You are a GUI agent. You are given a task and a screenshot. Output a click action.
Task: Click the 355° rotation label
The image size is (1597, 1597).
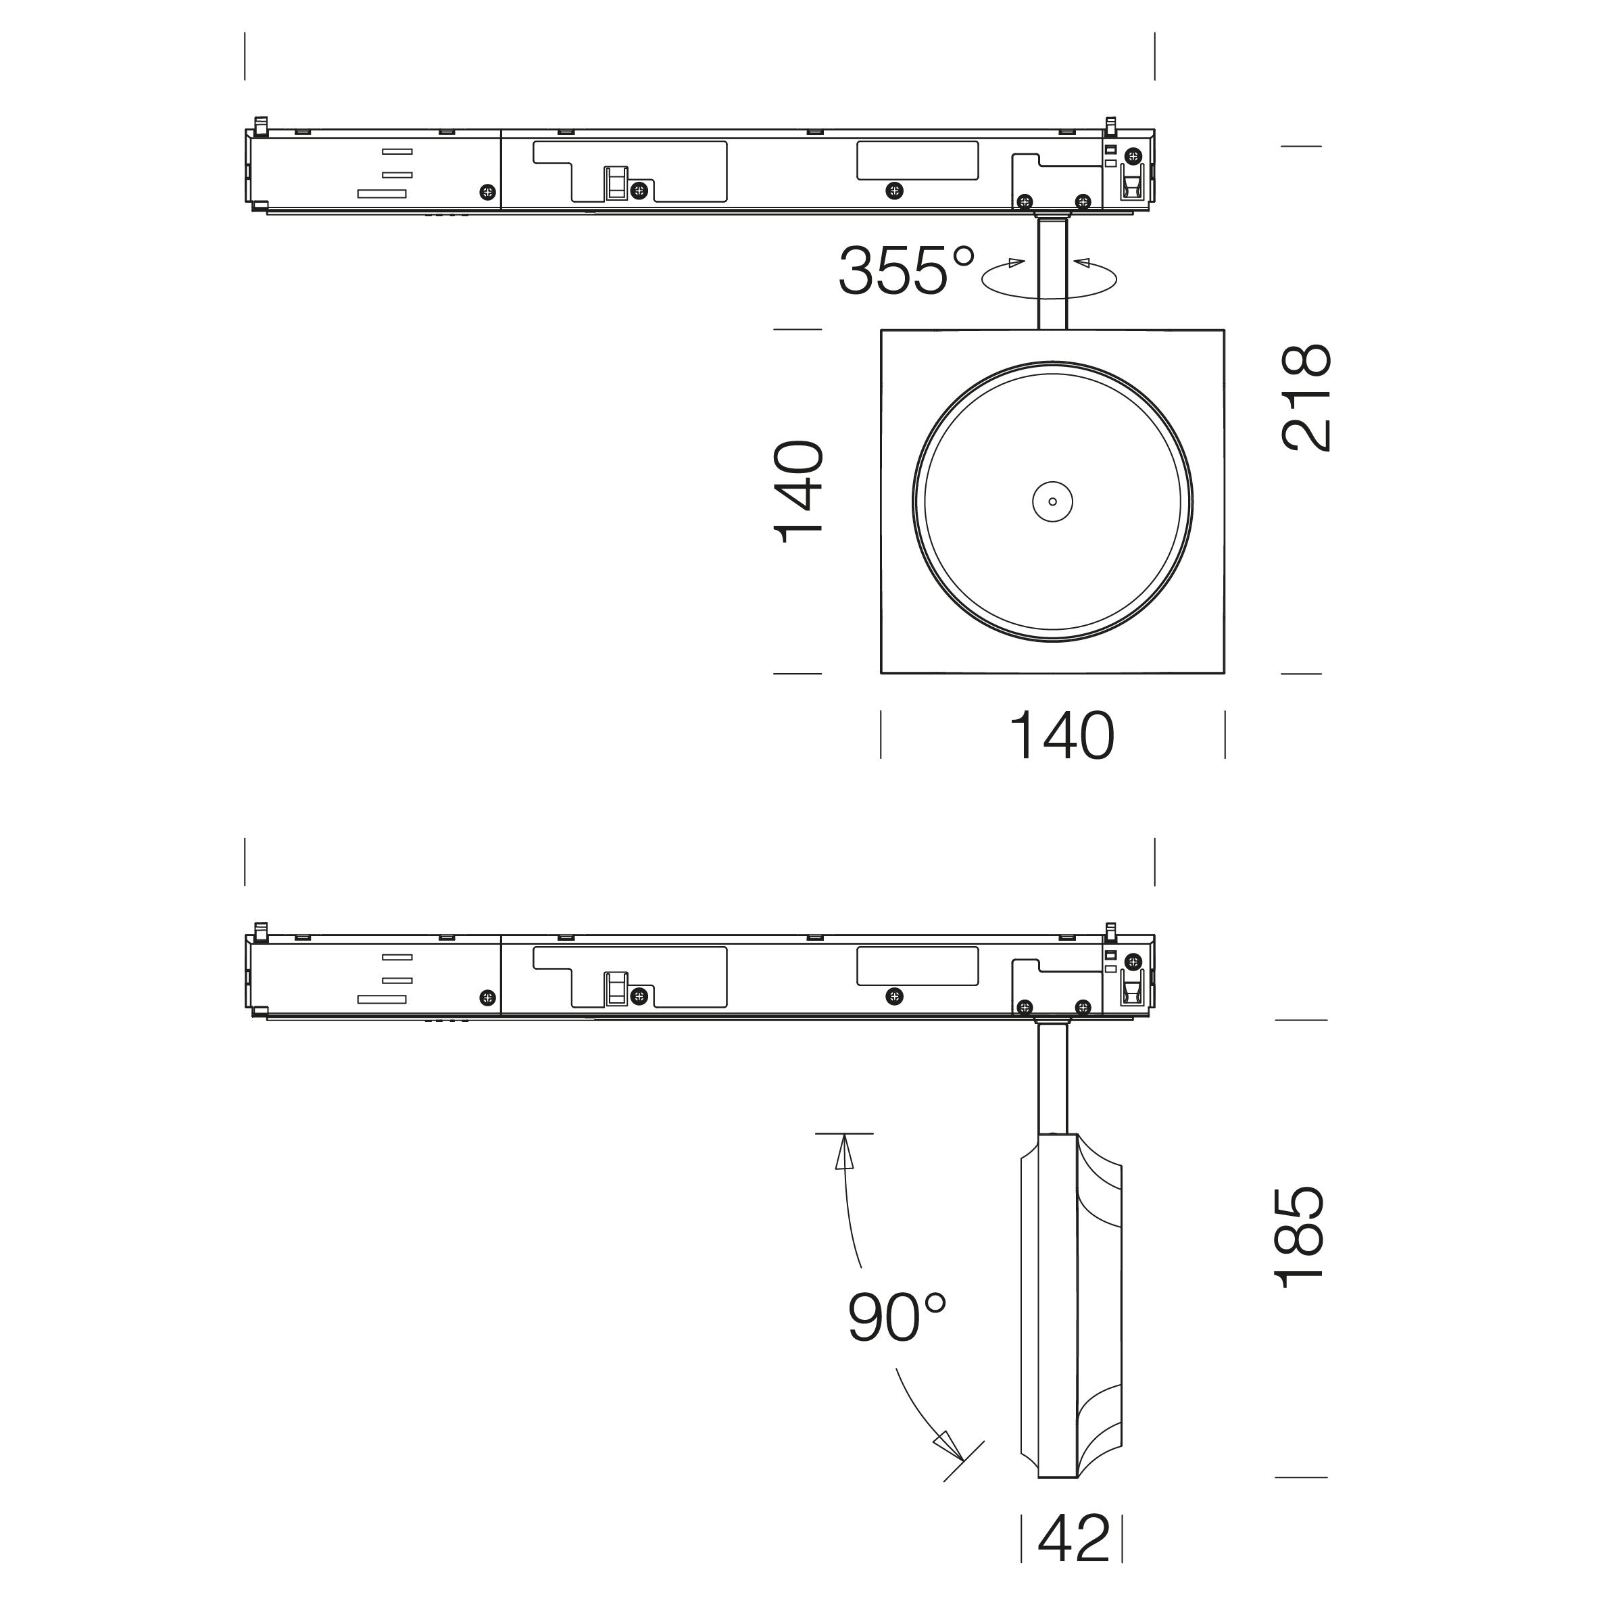click(907, 270)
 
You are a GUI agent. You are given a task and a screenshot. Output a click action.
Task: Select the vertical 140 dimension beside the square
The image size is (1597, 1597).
click(799, 492)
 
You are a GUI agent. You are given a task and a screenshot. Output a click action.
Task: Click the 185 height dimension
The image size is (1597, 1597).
click(1300, 1237)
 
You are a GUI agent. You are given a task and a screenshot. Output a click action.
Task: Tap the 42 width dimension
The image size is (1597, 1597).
click(1074, 1538)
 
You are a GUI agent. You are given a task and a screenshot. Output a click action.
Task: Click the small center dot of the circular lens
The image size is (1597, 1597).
click(1052, 501)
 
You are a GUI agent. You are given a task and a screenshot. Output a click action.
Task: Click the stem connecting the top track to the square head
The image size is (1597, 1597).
click(1052, 272)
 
